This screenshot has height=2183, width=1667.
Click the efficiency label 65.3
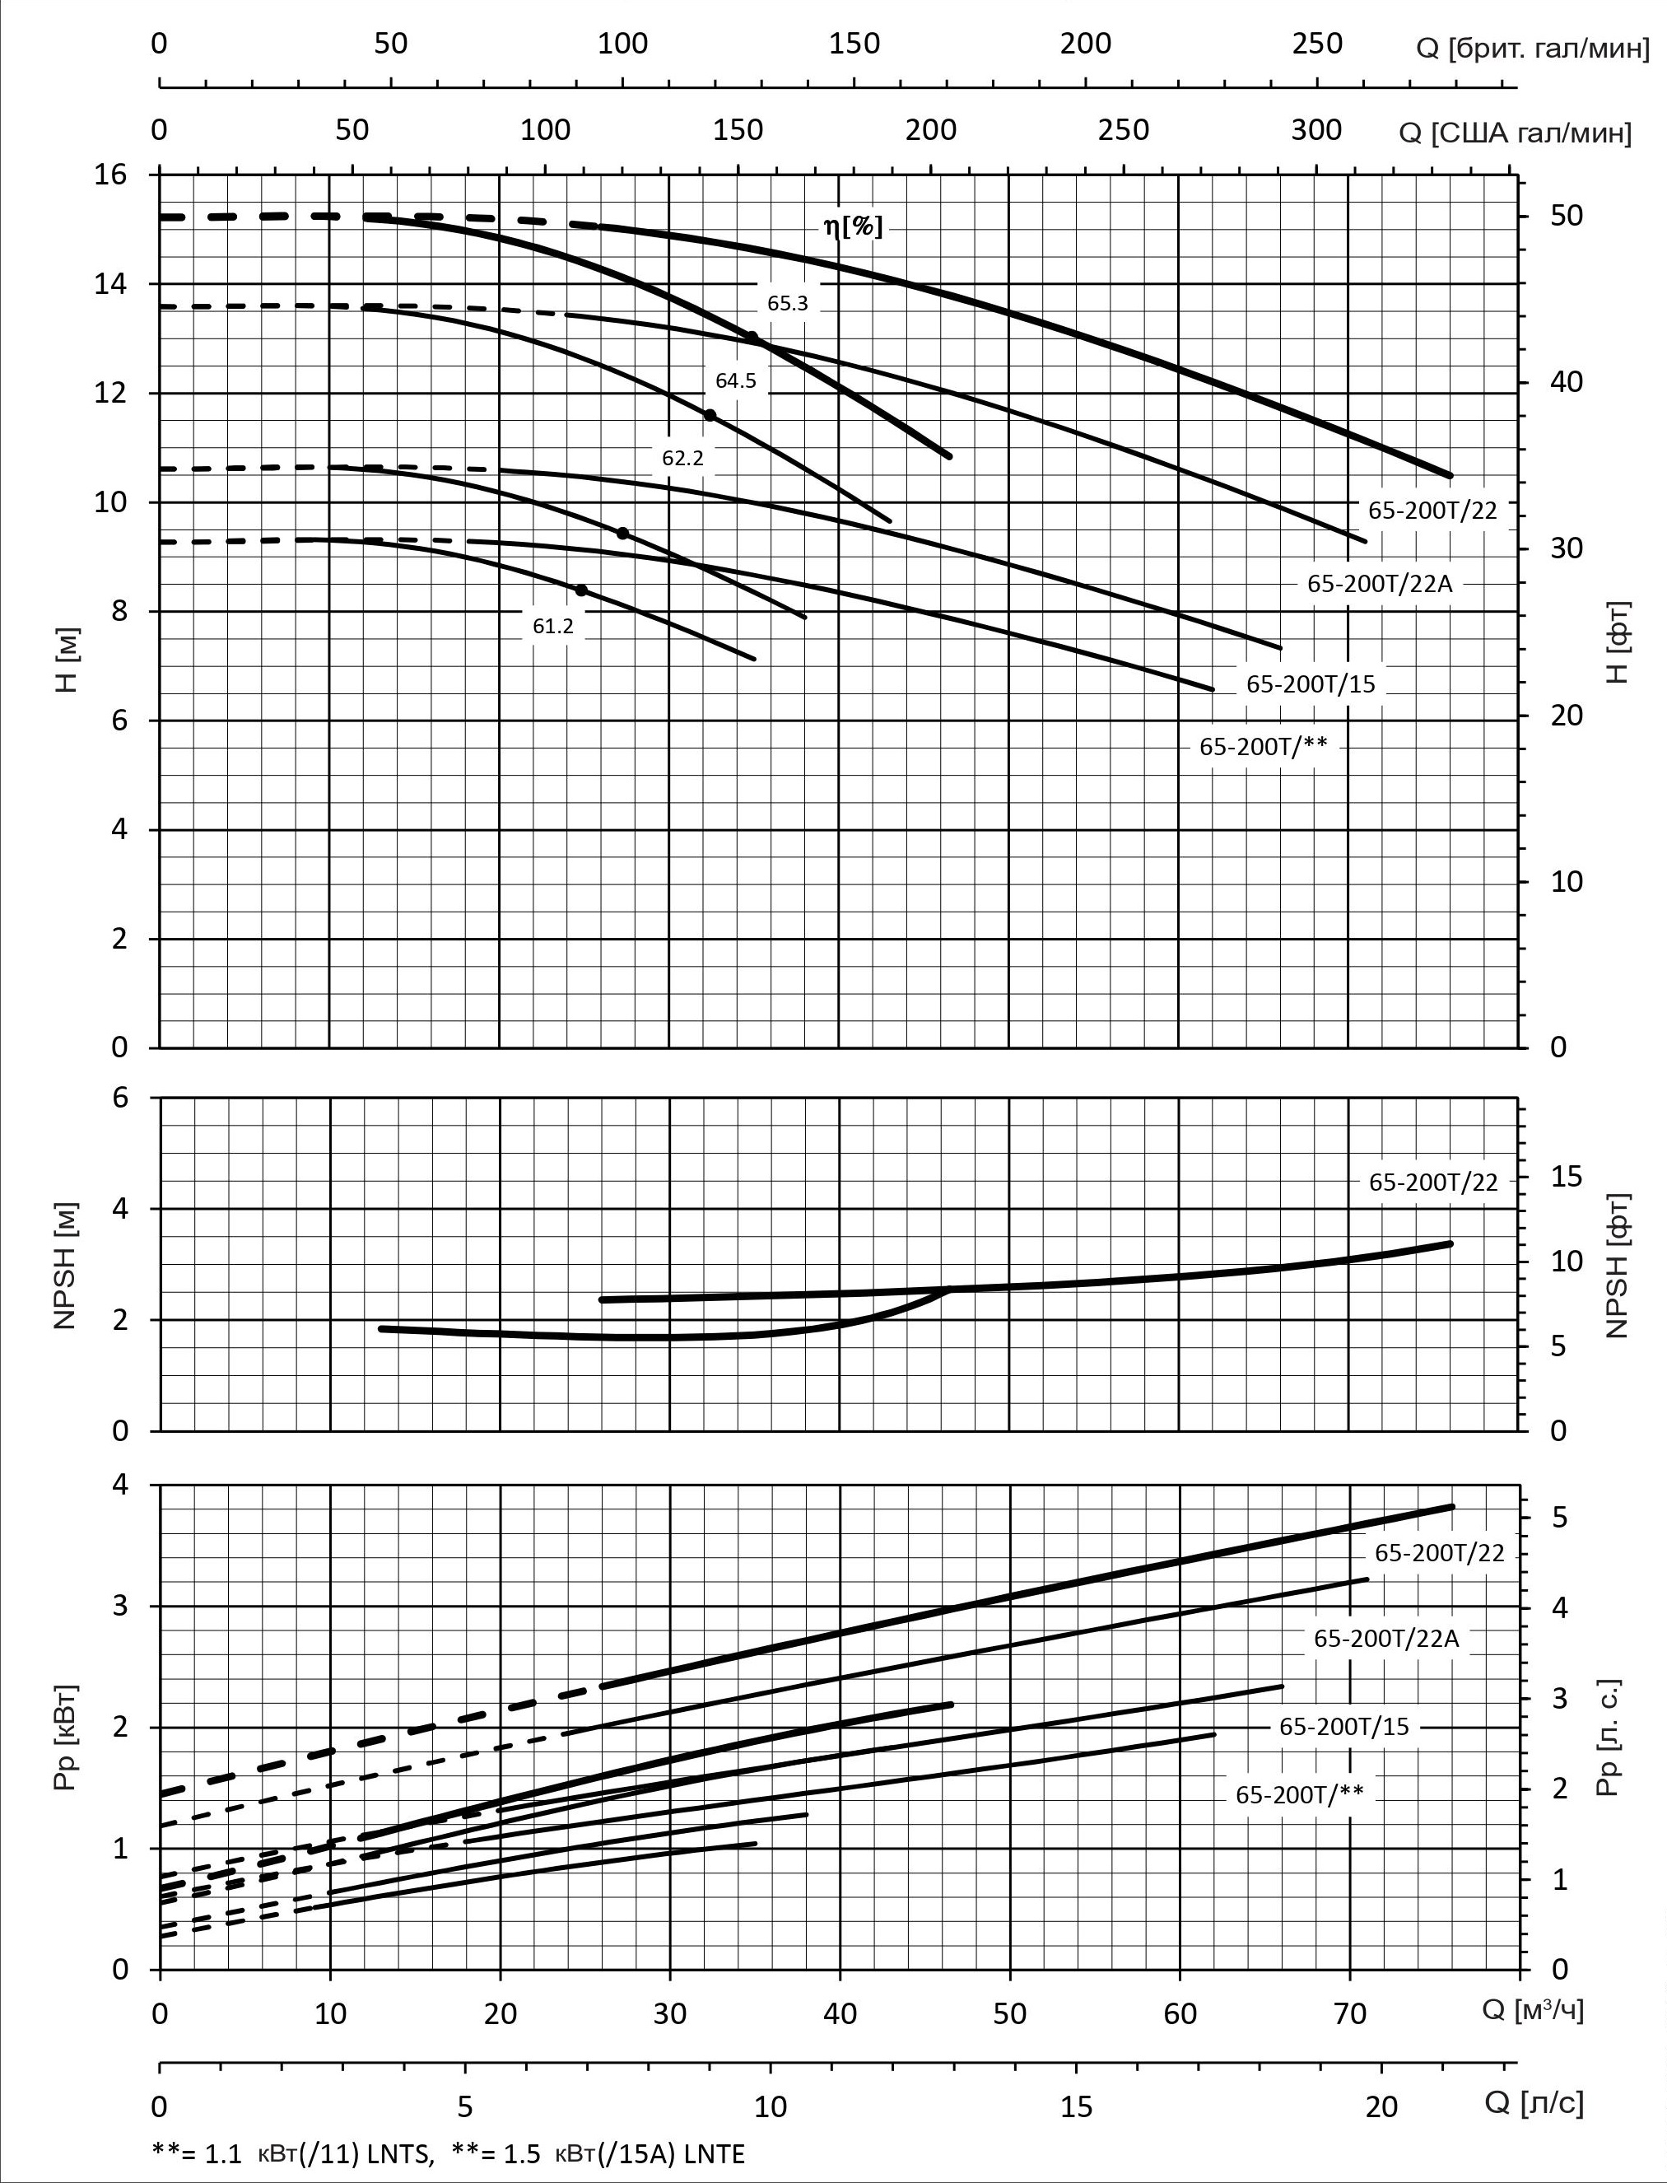[x=787, y=304]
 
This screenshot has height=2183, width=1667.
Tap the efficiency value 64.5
[x=735, y=381]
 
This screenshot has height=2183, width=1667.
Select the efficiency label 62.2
[x=682, y=459]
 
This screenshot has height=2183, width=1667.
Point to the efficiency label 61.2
[x=552, y=626]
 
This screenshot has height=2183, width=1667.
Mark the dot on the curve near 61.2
[x=581, y=590]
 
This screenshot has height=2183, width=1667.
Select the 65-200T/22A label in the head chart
[x=1378, y=584]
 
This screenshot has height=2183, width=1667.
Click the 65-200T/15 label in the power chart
[x=1343, y=1728]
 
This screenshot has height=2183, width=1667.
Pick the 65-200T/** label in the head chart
[x=1262, y=747]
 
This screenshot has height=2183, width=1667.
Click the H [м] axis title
[x=68, y=659]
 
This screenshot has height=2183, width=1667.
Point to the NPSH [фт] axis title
[x=1618, y=1265]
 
